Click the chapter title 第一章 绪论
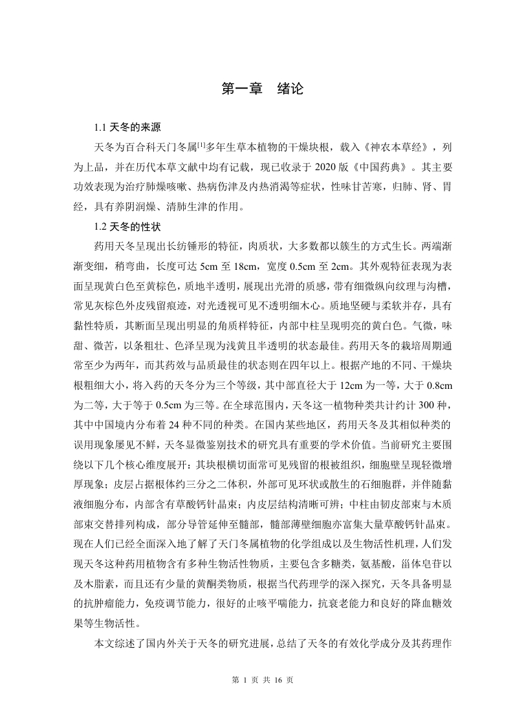[262, 89]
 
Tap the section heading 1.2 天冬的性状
[126, 228]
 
